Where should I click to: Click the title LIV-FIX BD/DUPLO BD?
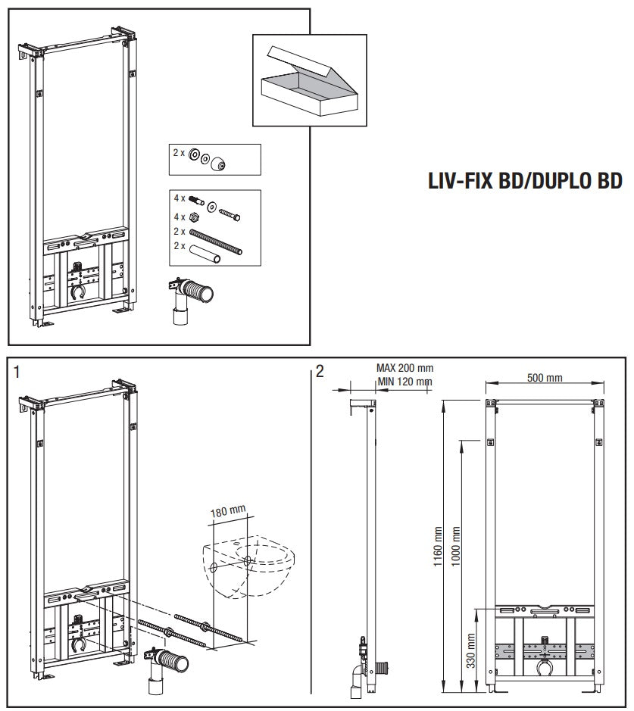point(525,180)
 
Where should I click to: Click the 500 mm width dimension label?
point(545,377)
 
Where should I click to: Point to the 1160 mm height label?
point(438,546)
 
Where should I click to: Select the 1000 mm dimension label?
point(456,546)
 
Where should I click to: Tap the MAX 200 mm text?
point(404,368)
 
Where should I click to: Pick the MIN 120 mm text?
point(404,382)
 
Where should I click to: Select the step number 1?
point(17,373)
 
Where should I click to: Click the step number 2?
point(320,371)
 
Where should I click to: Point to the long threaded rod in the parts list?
point(215,242)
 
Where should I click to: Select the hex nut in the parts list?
point(192,217)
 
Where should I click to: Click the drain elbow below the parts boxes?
point(189,299)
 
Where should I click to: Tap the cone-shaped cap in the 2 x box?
point(218,164)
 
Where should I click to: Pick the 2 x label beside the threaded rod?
point(180,232)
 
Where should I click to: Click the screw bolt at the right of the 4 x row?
point(230,214)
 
